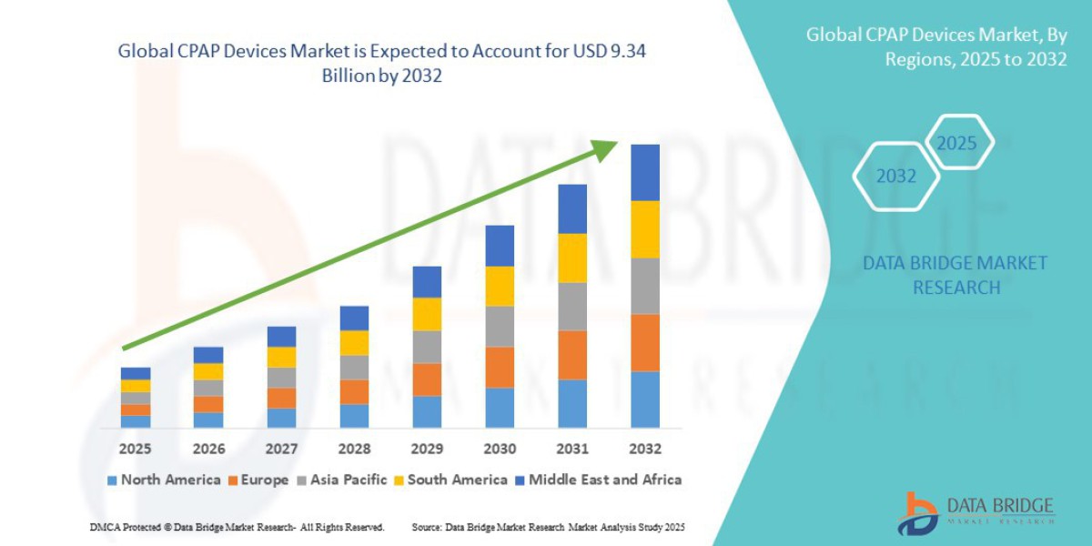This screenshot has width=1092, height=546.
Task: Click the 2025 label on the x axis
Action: [x=136, y=449]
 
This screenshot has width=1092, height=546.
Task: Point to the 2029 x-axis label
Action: [x=427, y=449]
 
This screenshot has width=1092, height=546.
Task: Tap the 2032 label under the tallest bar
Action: [x=644, y=449]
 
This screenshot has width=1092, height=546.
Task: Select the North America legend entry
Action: [x=164, y=480]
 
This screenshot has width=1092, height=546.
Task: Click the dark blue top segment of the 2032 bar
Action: [x=645, y=172]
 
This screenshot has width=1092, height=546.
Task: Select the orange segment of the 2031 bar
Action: [x=572, y=355]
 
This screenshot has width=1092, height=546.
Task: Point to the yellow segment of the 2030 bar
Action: [x=500, y=286]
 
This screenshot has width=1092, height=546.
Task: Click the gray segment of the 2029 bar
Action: [x=427, y=347]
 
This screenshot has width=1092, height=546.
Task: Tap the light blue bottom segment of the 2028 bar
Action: [x=354, y=416]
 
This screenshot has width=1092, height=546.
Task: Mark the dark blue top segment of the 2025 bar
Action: [x=136, y=373]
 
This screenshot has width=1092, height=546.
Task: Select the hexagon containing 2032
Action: [x=895, y=177]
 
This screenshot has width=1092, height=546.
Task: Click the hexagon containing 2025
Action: [x=956, y=144]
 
